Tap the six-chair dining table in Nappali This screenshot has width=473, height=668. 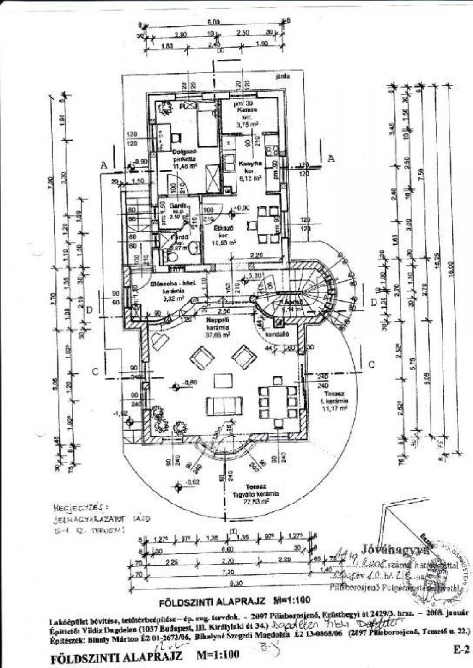click(278, 400)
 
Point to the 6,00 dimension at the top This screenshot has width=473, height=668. click(213, 22)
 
